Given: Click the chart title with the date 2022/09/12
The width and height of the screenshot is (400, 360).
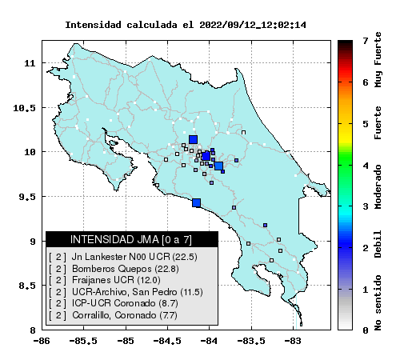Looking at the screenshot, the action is [186, 25].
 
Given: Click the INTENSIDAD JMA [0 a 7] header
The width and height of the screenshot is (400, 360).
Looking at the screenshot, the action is [131, 239].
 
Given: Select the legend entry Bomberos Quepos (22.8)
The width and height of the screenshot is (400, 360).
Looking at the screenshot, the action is [126, 269].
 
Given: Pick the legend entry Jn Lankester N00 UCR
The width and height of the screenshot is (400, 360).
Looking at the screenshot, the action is [134, 257].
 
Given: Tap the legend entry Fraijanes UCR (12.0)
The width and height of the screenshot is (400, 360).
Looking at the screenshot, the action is [116, 280].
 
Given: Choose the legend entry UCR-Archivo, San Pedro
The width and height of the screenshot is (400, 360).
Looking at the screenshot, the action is [138, 292].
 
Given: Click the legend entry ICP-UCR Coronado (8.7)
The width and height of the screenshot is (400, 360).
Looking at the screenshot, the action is [125, 303].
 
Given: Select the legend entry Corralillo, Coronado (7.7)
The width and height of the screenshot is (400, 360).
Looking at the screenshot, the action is [125, 315].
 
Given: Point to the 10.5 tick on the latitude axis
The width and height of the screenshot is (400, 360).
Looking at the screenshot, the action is [24, 108].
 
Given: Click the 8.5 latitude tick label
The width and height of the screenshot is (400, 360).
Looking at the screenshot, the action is [27, 286].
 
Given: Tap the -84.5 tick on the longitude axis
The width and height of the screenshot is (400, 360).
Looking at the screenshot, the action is [168, 341].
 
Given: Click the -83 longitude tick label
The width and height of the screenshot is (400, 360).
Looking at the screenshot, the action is [292, 341].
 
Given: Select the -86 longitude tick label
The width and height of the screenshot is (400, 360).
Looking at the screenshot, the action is [42, 341].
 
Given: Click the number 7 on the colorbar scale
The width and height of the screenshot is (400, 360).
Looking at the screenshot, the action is [366, 41].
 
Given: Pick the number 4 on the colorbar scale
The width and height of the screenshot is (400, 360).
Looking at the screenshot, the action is [366, 166].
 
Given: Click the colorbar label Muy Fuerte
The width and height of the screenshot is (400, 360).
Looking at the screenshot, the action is [378, 60].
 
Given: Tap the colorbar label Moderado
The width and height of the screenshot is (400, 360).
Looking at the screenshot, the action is [378, 186].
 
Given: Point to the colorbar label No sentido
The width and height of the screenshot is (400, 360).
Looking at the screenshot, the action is [378, 303].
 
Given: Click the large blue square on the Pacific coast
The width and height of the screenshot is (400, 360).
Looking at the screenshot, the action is [197, 202].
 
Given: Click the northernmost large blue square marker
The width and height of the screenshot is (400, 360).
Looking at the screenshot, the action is [193, 139].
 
